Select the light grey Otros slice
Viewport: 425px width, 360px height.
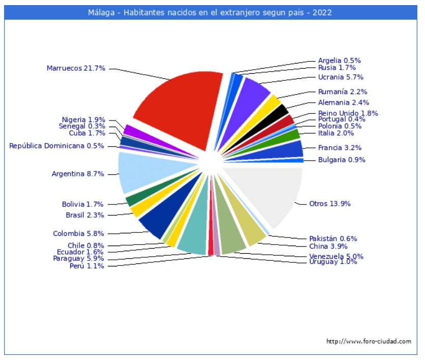(x=270, y=196)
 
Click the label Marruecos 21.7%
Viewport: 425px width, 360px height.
(x=76, y=68)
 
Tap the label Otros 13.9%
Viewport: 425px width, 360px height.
(x=330, y=204)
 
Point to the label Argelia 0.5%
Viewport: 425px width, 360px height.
(x=339, y=60)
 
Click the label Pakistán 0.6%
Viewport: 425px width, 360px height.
(x=333, y=238)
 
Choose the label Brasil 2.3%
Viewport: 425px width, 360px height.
(x=84, y=215)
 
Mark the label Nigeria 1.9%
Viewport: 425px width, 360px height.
(x=83, y=120)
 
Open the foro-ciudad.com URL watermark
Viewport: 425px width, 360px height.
(x=369, y=341)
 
